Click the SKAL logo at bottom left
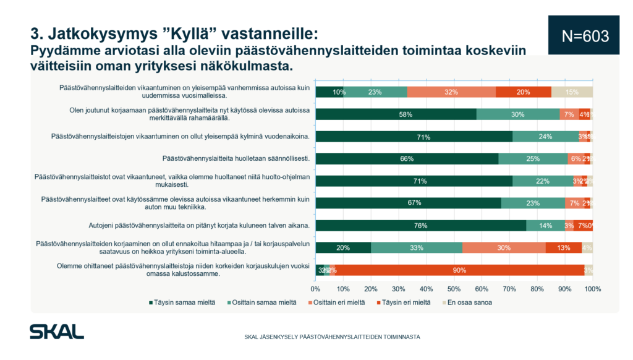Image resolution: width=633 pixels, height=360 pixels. coord(57,332)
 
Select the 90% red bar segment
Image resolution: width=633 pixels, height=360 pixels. coord(458,270)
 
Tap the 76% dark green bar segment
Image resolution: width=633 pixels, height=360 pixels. coord(420,225)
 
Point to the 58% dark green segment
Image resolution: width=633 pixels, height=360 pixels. coord(396,114)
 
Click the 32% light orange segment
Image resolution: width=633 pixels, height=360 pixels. coord(451,92)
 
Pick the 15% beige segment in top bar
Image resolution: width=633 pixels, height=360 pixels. coord(572,92)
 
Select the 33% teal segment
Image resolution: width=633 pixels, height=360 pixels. coord(416,247)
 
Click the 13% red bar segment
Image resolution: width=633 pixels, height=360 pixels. coord(563,247)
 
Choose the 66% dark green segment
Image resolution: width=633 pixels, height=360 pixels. coord(407,159)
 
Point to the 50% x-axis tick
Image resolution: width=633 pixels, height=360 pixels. coord(454,289)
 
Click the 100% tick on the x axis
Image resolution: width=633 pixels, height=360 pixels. coord(592,289)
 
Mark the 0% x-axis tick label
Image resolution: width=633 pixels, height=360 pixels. coord(315,289)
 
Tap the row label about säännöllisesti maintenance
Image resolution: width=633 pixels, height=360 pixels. coord(239,159)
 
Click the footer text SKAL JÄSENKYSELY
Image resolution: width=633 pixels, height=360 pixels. coord(332,337)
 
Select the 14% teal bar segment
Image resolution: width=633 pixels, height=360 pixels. coord(545,225)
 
